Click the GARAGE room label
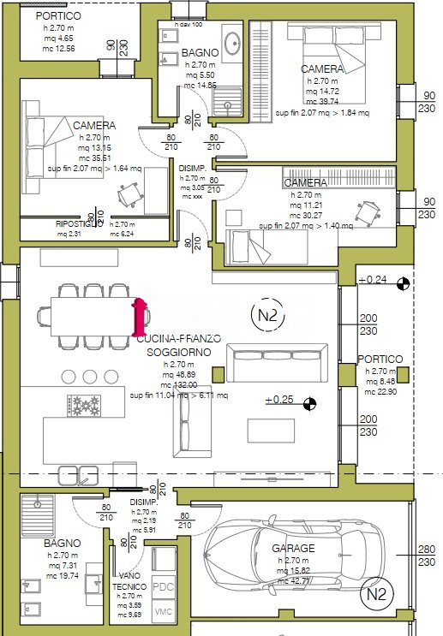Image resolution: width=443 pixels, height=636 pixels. (293, 548)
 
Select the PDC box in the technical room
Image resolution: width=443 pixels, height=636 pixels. (163, 587)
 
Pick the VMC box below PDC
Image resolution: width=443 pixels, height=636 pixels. (163, 612)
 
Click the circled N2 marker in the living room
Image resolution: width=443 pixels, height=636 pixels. (268, 315)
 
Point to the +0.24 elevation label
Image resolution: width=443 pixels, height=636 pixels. (373, 280)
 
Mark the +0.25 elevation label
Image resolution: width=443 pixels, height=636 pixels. (280, 400)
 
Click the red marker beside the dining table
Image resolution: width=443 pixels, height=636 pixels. (137, 317)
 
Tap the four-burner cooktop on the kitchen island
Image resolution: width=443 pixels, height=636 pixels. (86, 404)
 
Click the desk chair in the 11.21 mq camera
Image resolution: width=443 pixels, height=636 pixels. (368, 211)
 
